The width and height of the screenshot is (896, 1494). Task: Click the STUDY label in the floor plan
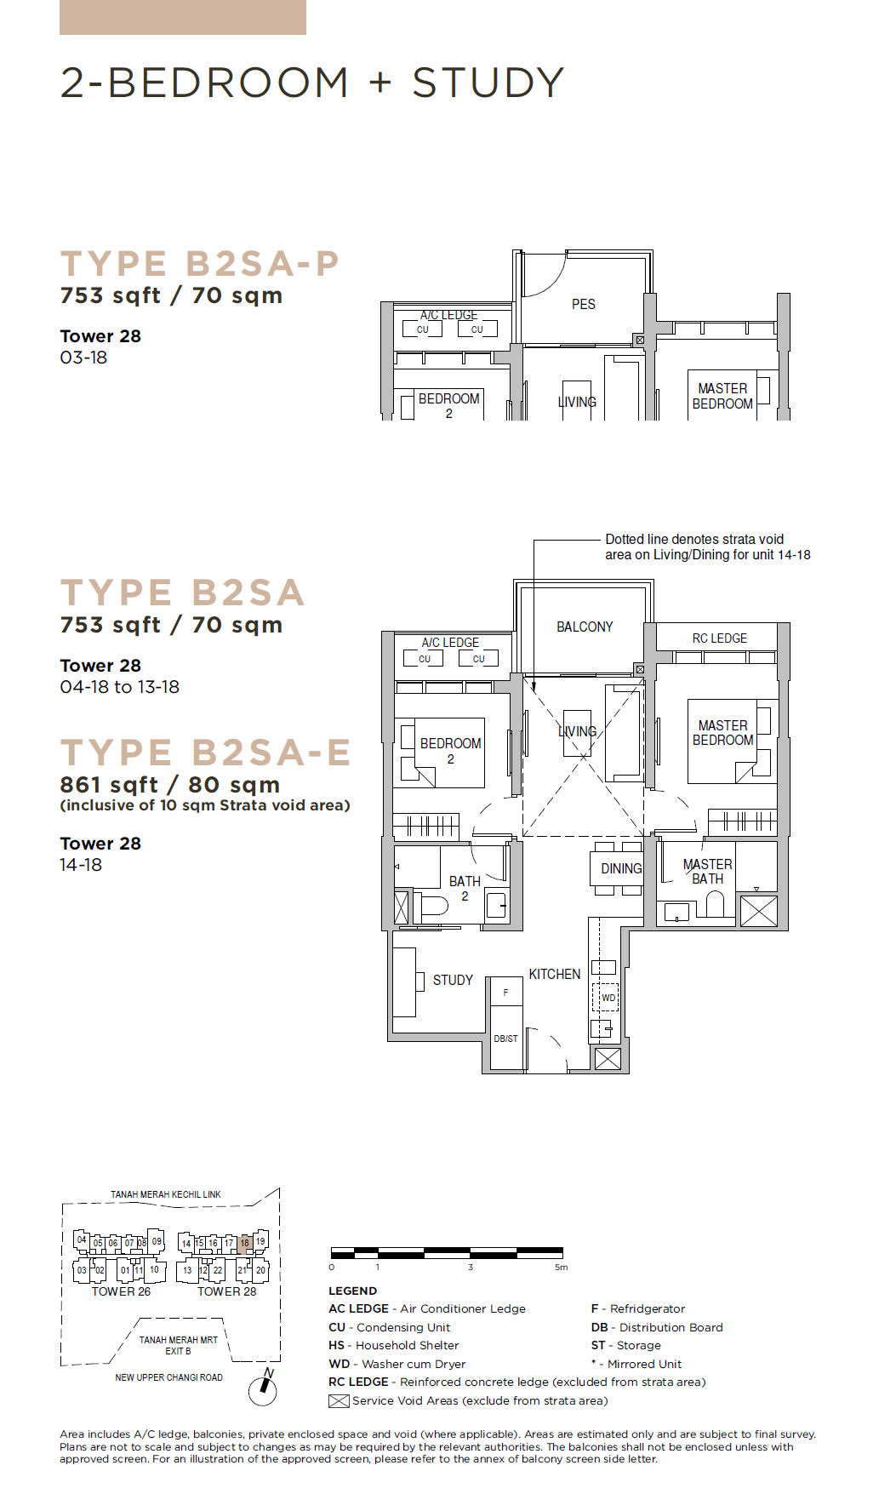pyautogui.click(x=453, y=980)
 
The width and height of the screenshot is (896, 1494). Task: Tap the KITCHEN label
pyautogui.click(x=555, y=974)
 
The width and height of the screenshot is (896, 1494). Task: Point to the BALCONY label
pyautogui.click(x=585, y=627)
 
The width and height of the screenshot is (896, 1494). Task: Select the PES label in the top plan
pyautogui.click(x=584, y=304)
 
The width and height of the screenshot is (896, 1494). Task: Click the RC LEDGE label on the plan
pyautogui.click(x=720, y=638)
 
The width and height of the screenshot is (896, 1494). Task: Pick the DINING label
pyautogui.click(x=621, y=868)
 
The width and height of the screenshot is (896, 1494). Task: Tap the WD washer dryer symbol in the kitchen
pyautogui.click(x=606, y=997)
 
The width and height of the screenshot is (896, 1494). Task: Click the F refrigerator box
pyautogui.click(x=505, y=992)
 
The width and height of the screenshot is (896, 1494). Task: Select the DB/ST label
pyautogui.click(x=505, y=1039)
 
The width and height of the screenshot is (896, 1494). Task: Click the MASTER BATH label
pyautogui.click(x=707, y=872)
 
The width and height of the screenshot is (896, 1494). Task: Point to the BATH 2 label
pyautogui.click(x=465, y=889)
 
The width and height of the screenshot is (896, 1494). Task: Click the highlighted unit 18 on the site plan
pyautogui.click(x=244, y=1243)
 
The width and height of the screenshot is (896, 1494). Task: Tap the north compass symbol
pyautogui.click(x=264, y=1388)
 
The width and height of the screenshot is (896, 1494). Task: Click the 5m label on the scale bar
pyautogui.click(x=561, y=1268)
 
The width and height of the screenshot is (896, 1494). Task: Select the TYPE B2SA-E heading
pyautogui.click(x=205, y=753)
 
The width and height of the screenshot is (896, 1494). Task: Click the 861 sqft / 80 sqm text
pyautogui.click(x=170, y=785)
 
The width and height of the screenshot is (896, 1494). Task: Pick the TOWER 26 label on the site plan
pyautogui.click(x=121, y=1291)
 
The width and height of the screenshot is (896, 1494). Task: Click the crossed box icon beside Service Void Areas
pyautogui.click(x=339, y=1401)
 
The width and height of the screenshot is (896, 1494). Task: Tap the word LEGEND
pyautogui.click(x=352, y=1291)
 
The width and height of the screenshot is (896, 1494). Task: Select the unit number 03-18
pyautogui.click(x=83, y=358)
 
